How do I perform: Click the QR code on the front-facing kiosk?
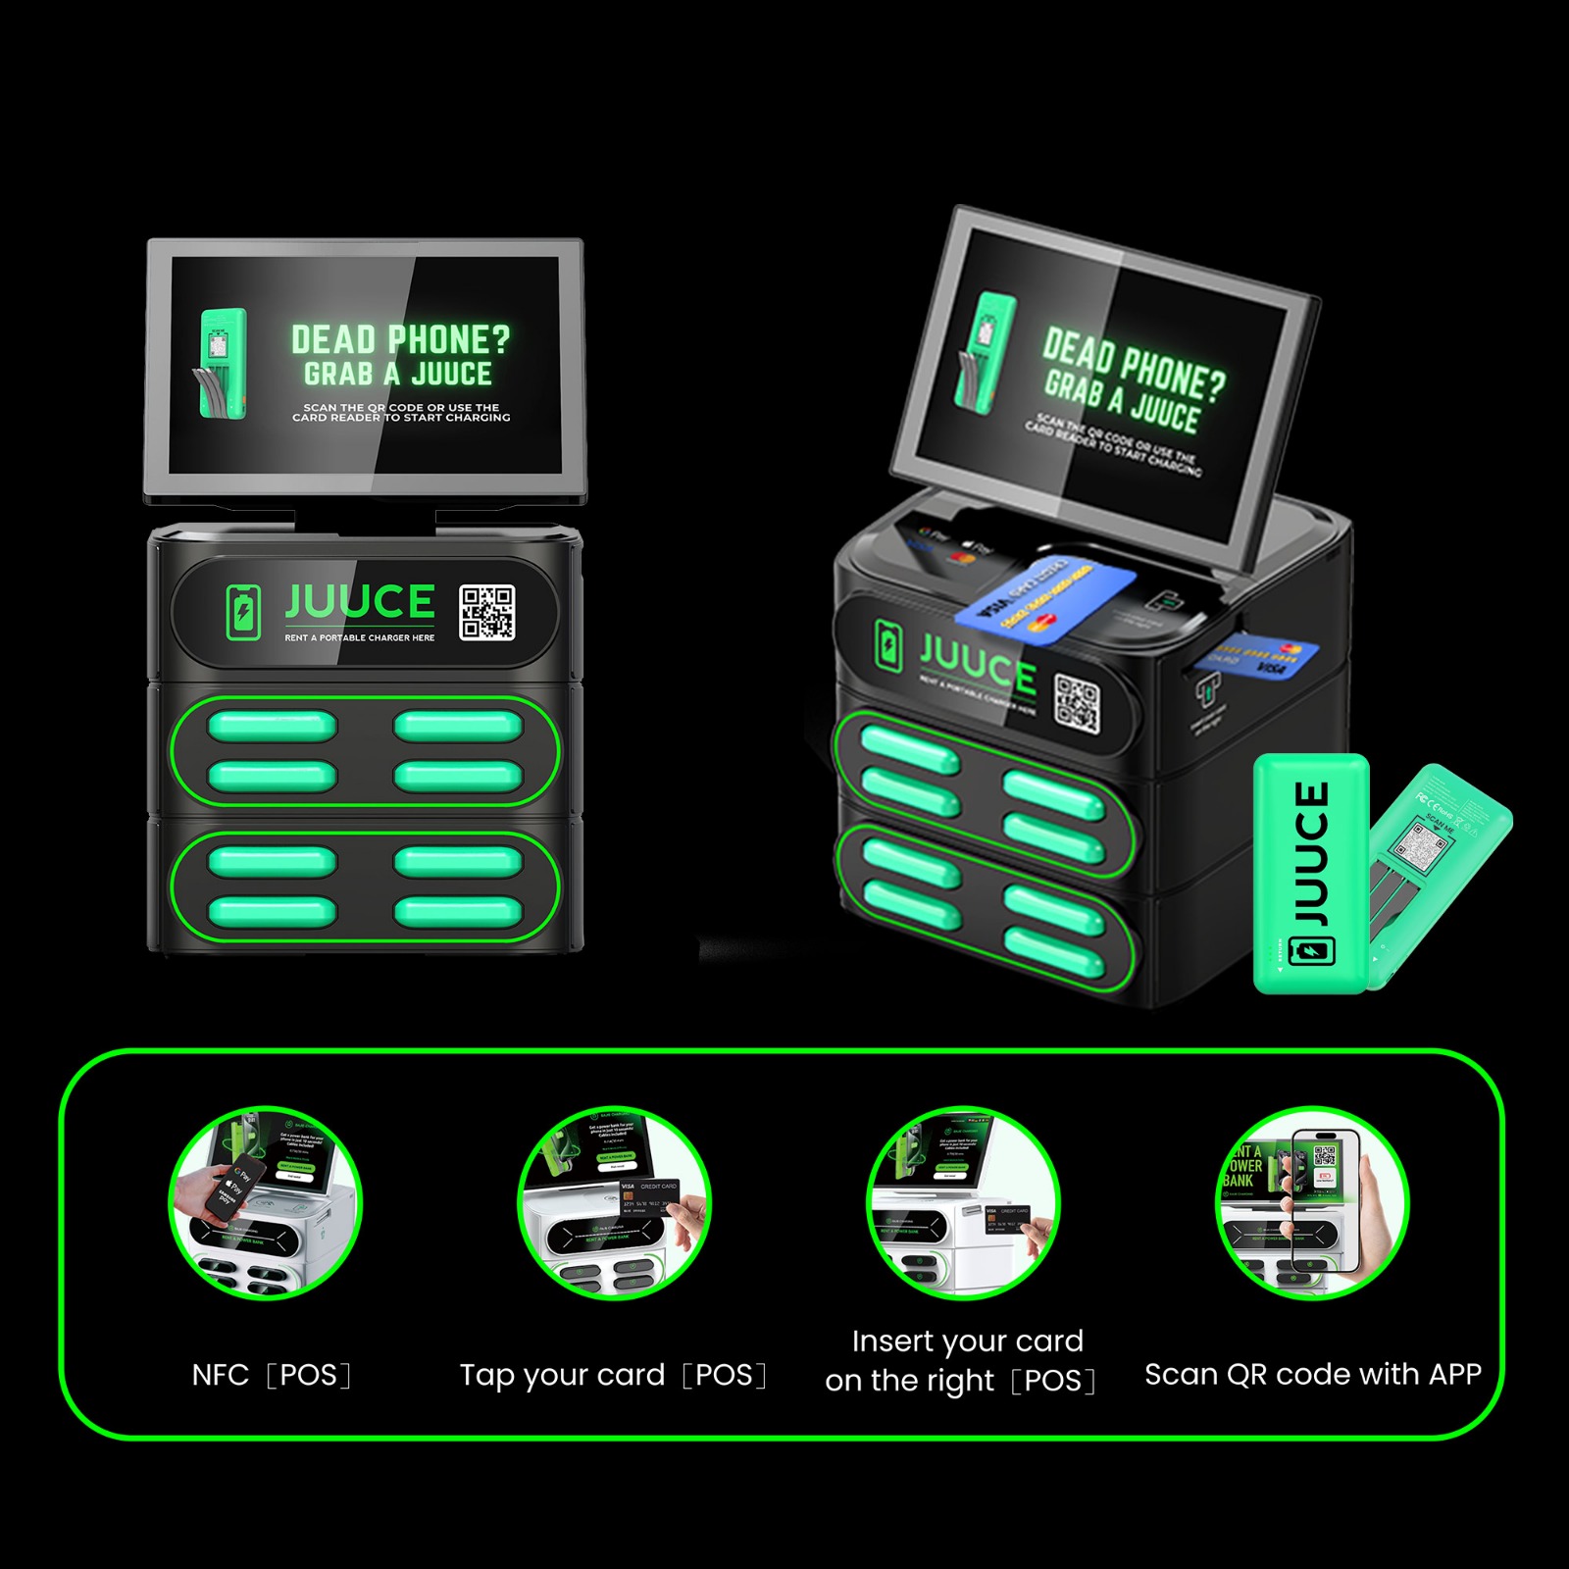(487, 613)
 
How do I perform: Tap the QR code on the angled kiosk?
(1077, 703)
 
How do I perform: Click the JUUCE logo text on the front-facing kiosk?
(360, 602)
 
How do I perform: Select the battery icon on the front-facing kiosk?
(243, 612)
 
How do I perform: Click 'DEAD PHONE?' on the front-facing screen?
(400, 340)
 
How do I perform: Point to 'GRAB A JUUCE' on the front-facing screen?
(398, 375)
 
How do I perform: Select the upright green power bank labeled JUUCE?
(1311, 873)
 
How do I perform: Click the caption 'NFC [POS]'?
(271, 1375)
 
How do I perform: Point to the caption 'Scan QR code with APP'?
(1312, 1374)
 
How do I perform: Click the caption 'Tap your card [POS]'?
(613, 1375)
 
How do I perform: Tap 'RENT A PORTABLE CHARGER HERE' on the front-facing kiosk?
(360, 637)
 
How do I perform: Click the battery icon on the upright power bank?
(1311, 950)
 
